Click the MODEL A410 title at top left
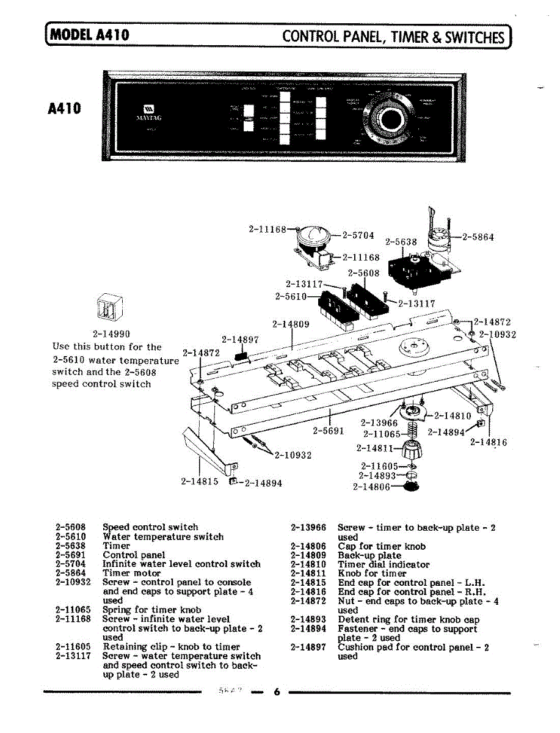click(90, 35)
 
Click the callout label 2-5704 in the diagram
click(358, 235)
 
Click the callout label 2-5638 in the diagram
click(401, 242)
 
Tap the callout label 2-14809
click(290, 324)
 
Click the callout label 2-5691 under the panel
click(329, 430)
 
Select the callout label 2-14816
click(489, 443)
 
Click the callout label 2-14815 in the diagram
click(199, 481)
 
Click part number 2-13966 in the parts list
click(308, 527)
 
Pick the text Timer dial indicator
click(384, 564)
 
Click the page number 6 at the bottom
click(276, 692)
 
